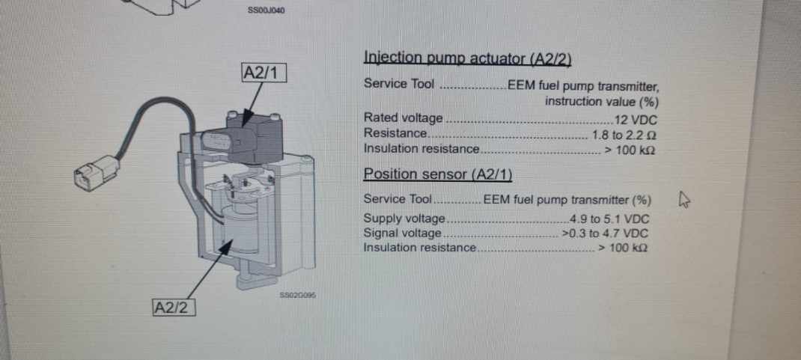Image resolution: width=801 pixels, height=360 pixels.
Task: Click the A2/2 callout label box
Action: tap(174, 308)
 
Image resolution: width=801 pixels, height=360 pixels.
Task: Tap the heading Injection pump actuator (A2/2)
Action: tap(467, 58)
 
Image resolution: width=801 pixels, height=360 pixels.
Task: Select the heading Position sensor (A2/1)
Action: tap(437, 174)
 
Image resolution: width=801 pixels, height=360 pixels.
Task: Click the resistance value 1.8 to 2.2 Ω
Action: tap(624, 135)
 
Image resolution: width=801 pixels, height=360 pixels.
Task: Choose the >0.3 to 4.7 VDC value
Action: tap(605, 234)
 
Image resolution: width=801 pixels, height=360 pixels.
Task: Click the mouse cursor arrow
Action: tap(684, 200)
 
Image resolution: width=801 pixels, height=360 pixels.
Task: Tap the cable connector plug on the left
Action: tap(96, 172)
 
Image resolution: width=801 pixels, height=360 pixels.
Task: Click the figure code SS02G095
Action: tap(298, 295)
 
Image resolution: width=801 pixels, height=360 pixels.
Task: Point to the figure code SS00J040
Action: tap(267, 10)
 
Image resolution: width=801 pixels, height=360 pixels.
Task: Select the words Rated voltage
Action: tap(403, 118)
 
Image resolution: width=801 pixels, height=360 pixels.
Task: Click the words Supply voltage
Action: tap(404, 219)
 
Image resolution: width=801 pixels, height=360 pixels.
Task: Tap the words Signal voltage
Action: tap(402, 234)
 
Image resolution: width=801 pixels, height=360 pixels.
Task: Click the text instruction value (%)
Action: tap(601, 101)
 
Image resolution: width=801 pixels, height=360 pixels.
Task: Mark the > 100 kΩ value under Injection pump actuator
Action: tap(630, 150)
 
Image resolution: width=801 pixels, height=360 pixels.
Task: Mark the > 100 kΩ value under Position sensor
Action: tap(623, 248)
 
